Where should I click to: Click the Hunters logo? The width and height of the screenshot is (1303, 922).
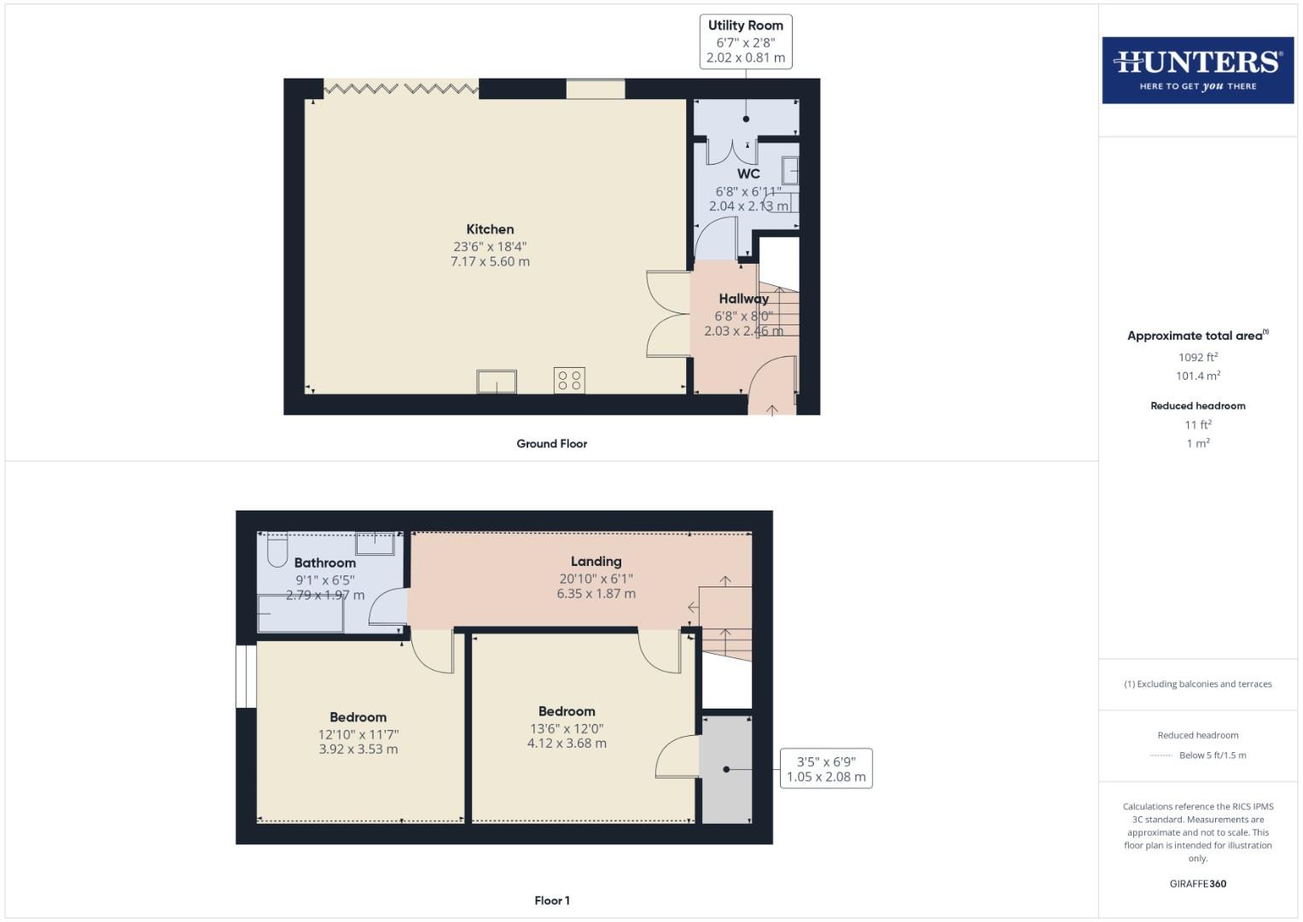pyautogui.click(x=1197, y=70)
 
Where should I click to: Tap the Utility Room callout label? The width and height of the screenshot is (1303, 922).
pyautogui.click(x=745, y=26)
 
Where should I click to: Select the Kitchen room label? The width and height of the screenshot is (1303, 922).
pyautogui.click(x=490, y=229)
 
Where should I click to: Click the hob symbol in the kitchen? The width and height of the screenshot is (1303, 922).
pyautogui.click(x=570, y=380)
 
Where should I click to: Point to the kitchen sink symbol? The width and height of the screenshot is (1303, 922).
pyautogui.click(x=497, y=382)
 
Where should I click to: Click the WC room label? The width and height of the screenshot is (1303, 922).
pyautogui.click(x=748, y=173)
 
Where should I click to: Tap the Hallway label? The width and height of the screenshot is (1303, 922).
pyautogui.click(x=743, y=299)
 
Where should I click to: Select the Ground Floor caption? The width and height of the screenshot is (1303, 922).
pyautogui.click(x=551, y=444)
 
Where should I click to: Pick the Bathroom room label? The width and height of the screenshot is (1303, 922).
pyautogui.click(x=325, y=563)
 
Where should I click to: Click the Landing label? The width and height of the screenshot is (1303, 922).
pyautogui.click(x=596, y=561)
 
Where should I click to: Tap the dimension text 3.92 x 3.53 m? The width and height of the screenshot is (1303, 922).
pyautogui.click(x=358, y=750)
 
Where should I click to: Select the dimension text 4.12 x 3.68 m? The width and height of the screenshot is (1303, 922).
pyautogui.click(x=567, y=744)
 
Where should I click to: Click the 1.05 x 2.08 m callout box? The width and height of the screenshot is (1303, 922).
pyautogui.click(x=826, y=769)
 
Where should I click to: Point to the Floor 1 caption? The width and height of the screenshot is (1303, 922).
pyautogui.click(x=552, y=901)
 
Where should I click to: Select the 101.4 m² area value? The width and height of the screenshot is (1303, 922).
pyautogui.click(x=1197, y=376)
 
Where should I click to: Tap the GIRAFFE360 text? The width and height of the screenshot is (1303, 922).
pyautogui.click(x=1197, y=884)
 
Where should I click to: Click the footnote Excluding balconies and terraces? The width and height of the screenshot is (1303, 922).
pyautogui.click(x=1197, y=684)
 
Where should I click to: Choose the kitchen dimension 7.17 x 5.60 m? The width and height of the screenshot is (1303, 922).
pyautogui.click(x=490, y=262)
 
